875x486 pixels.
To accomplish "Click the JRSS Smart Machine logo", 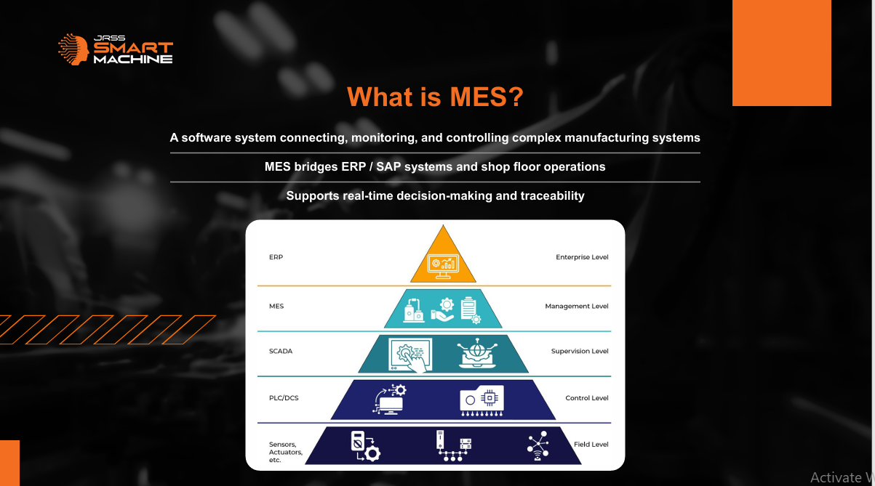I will point(115,49).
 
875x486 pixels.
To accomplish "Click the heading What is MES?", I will point(435,97).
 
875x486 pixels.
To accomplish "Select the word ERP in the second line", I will point(353,166).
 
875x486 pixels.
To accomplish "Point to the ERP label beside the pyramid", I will point(276,257).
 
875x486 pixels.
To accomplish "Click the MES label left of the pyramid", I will point(276,306).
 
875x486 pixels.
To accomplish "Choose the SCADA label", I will point(281,352).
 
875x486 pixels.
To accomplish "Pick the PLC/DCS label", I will point(284,398).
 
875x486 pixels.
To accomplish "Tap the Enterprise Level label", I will point(582,257).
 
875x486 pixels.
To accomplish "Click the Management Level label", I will point(577,307).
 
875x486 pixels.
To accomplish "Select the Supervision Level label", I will point(580,352).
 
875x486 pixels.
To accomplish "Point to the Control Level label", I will point(587,398).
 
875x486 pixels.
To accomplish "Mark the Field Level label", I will point(591,445).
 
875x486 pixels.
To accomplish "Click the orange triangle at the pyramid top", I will point(443,258).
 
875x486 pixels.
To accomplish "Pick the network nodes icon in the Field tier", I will point(538,445).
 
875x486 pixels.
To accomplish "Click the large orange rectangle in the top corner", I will point(781,52).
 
